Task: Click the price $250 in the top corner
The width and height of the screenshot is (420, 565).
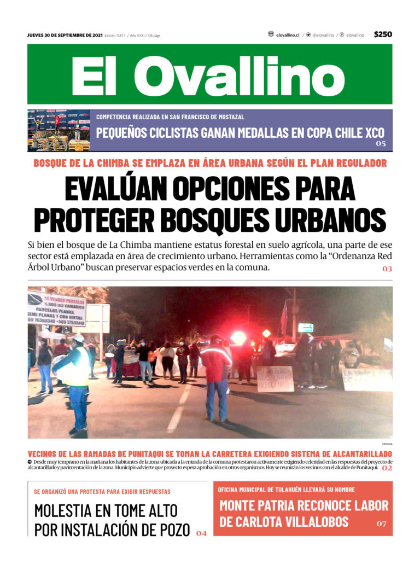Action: click(x=383, y=34)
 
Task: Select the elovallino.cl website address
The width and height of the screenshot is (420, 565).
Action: click(x=288, y=35)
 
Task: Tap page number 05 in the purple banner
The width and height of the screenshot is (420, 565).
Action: click(x=381, y=144)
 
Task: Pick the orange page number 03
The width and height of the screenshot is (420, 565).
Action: click(x=387, y=269)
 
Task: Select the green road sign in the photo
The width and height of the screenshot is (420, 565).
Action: click(x=305, y=328)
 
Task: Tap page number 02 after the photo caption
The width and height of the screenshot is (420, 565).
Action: click(x=387, y=468)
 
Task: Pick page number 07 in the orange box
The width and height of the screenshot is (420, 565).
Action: click(x=381, y=524)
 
